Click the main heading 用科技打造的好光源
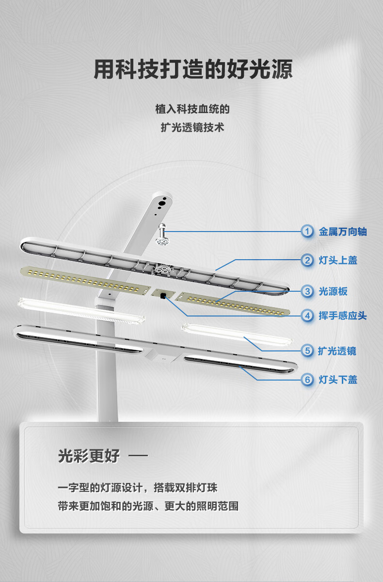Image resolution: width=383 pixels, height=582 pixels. tap(193, 69)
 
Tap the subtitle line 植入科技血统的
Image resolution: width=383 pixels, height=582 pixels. tap(192, 109)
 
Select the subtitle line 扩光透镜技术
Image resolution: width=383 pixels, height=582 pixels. tap(192, 127)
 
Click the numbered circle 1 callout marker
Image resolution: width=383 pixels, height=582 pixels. tap(307, 232)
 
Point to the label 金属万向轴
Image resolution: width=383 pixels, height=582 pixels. tap(343, 232)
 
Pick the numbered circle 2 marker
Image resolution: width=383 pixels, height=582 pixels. tap(307, 260)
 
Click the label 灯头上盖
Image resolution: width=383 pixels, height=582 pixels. tap(338, 260)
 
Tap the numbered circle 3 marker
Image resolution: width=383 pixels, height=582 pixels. tap(307, 291)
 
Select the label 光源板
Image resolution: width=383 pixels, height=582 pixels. tap(333, 291)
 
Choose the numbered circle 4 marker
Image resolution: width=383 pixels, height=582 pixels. tap(307, 316)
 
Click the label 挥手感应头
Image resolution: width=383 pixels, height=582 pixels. tap(343, 316)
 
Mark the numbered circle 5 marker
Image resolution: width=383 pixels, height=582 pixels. tap(307, 351)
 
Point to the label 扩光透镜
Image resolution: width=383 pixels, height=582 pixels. tap(337, 351)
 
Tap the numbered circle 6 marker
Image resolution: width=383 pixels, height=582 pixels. tap(307, 380)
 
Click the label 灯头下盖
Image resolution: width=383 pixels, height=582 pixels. tap(338, 380)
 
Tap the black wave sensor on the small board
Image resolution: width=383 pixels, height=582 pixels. tap(163, 296)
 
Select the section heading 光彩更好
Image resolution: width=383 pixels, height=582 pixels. tap(89, 455)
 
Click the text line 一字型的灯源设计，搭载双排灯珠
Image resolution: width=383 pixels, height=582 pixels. tap(138, 487)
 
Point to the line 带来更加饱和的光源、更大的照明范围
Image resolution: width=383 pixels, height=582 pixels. tap(148, 506)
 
